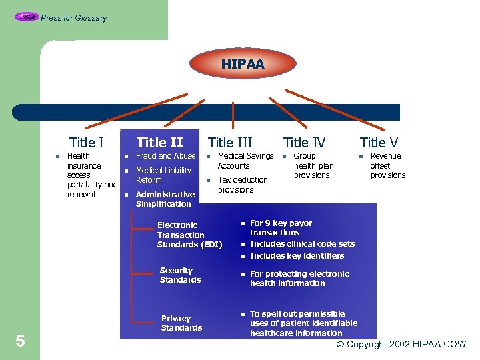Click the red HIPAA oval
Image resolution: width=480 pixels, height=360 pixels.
243,65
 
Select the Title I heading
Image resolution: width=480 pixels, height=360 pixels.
87,142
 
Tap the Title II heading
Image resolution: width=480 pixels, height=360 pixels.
159,142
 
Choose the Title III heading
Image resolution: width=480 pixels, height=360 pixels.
230,142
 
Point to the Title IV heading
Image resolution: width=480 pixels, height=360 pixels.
305,142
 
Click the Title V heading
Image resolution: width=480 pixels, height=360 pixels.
379,142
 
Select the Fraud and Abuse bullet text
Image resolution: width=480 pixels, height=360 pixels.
165,156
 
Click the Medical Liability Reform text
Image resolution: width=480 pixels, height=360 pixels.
163,175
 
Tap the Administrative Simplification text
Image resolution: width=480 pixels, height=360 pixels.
165,199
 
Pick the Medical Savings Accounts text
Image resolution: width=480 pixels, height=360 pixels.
245,161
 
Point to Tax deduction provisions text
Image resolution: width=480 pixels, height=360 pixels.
243,185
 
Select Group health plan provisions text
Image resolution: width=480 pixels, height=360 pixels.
313,165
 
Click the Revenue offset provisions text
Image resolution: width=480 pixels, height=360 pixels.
387,165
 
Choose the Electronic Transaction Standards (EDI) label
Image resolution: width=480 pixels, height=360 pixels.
189,235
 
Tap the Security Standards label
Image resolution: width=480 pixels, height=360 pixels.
180,275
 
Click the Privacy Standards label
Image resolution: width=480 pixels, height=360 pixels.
181,323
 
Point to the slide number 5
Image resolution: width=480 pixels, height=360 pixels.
20,341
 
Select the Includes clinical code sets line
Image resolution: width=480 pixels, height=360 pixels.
302,244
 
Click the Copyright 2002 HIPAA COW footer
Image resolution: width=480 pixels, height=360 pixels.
401,345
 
